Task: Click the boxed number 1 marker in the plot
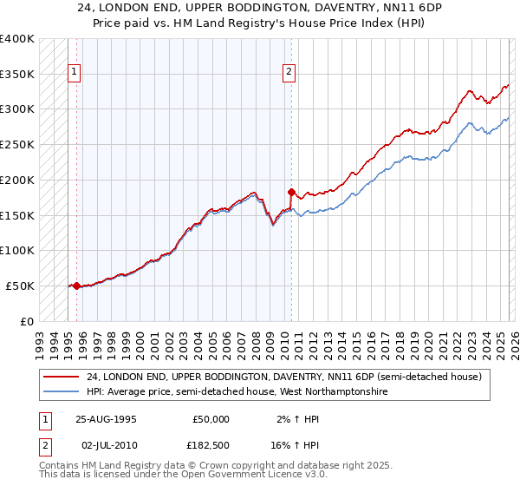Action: tap(75, 73)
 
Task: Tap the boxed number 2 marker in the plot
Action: tap(289, 73)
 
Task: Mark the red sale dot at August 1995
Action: tap(76, 286)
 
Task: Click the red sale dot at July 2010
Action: tap(291, 192)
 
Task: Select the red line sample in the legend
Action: tap(62, 378)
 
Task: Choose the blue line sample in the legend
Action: tap(62, 392)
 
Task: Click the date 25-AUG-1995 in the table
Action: tap(106, 418)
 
